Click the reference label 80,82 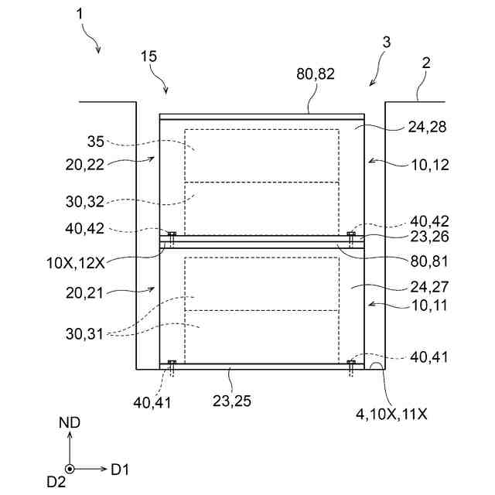pyautogui.click(x=316, y=75)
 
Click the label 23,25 pyautogui.click(x=233, y=401)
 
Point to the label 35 pyautogui.click(x=96, y=142)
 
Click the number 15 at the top pyautogui.click(x=150, y=56)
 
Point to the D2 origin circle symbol pyautogui.click(x=70, y=469)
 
